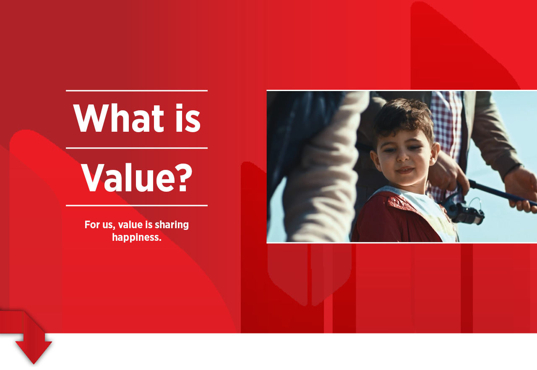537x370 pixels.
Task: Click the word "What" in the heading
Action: click(x=118, y=118)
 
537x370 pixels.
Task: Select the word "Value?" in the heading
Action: click(x=137, y=177)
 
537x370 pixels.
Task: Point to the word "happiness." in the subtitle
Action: click(x=137, y=237)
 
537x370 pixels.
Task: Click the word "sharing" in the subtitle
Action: click(x=172, y=225)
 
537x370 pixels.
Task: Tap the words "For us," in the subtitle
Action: click(x=100, y=225)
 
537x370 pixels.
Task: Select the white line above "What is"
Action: click(x=137, y=91)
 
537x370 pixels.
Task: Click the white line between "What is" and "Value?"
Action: click(x=137, y=149)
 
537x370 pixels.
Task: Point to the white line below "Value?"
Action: click(x=137, y=206)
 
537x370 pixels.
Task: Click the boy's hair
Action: click(x=403, y=117)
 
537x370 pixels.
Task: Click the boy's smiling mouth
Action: click(x=405, y=170)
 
